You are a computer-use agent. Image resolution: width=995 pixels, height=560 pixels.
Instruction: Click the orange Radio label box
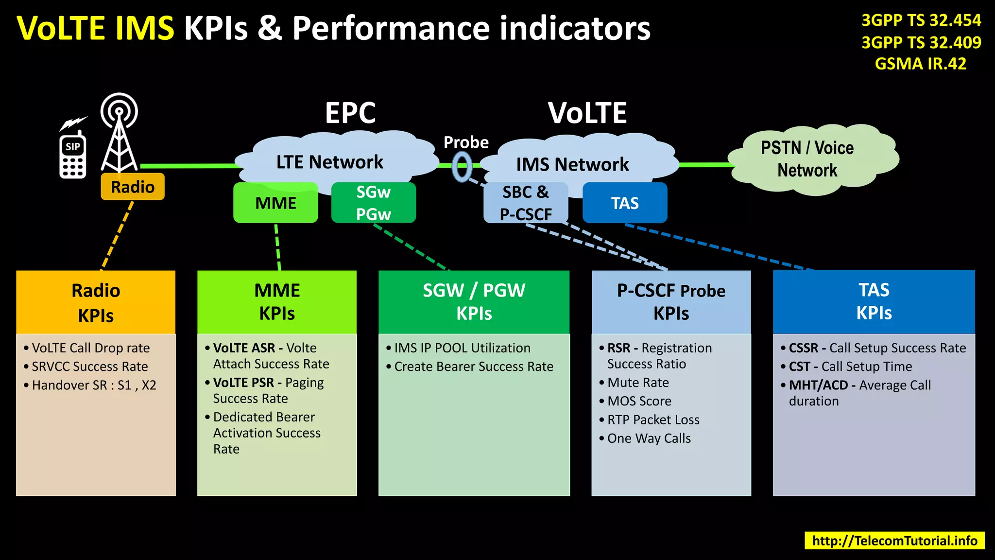(132, 187)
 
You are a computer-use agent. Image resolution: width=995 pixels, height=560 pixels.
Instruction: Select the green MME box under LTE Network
(275, 203)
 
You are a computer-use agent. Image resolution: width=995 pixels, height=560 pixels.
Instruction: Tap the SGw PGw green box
(373, 203)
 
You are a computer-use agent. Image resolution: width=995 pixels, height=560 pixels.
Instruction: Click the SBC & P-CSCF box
(526, 203)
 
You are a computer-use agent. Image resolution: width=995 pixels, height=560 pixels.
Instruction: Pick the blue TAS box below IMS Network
(625, 203)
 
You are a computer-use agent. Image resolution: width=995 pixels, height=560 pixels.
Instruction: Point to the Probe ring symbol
(462, 167)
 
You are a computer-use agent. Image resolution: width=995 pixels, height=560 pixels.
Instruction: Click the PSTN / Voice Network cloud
(807, 159)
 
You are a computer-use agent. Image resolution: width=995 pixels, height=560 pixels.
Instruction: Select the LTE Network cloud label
(329, 162)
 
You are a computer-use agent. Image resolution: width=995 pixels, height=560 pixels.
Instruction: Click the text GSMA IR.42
(920, 64)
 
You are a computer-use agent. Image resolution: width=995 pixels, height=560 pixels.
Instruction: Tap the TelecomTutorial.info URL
(894, 541)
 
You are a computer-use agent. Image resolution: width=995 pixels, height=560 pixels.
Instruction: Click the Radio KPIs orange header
(96, 302)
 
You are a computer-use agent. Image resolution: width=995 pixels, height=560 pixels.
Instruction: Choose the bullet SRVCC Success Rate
(90, 367)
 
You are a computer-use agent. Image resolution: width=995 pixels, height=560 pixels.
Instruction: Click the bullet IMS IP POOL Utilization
(462, 348)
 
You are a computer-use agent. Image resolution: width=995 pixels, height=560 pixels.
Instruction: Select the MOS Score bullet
(639, 401)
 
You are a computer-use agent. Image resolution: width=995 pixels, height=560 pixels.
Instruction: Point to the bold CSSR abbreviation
(804, 348)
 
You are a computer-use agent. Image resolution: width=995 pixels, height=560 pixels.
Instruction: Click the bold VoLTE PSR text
(243, 383)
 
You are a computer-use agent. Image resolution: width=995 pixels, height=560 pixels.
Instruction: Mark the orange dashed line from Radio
(117, 235)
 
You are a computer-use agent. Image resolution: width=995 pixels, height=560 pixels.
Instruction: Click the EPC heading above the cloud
(350, 113)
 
